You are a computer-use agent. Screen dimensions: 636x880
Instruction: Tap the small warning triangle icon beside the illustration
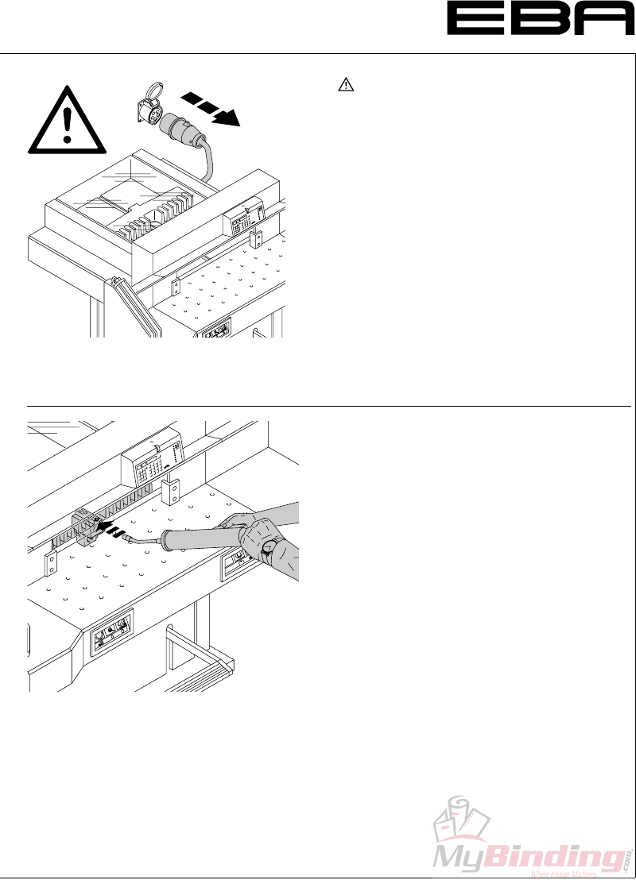coord(346,83)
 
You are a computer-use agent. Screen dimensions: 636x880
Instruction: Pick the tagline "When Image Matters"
coord(564,873)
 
